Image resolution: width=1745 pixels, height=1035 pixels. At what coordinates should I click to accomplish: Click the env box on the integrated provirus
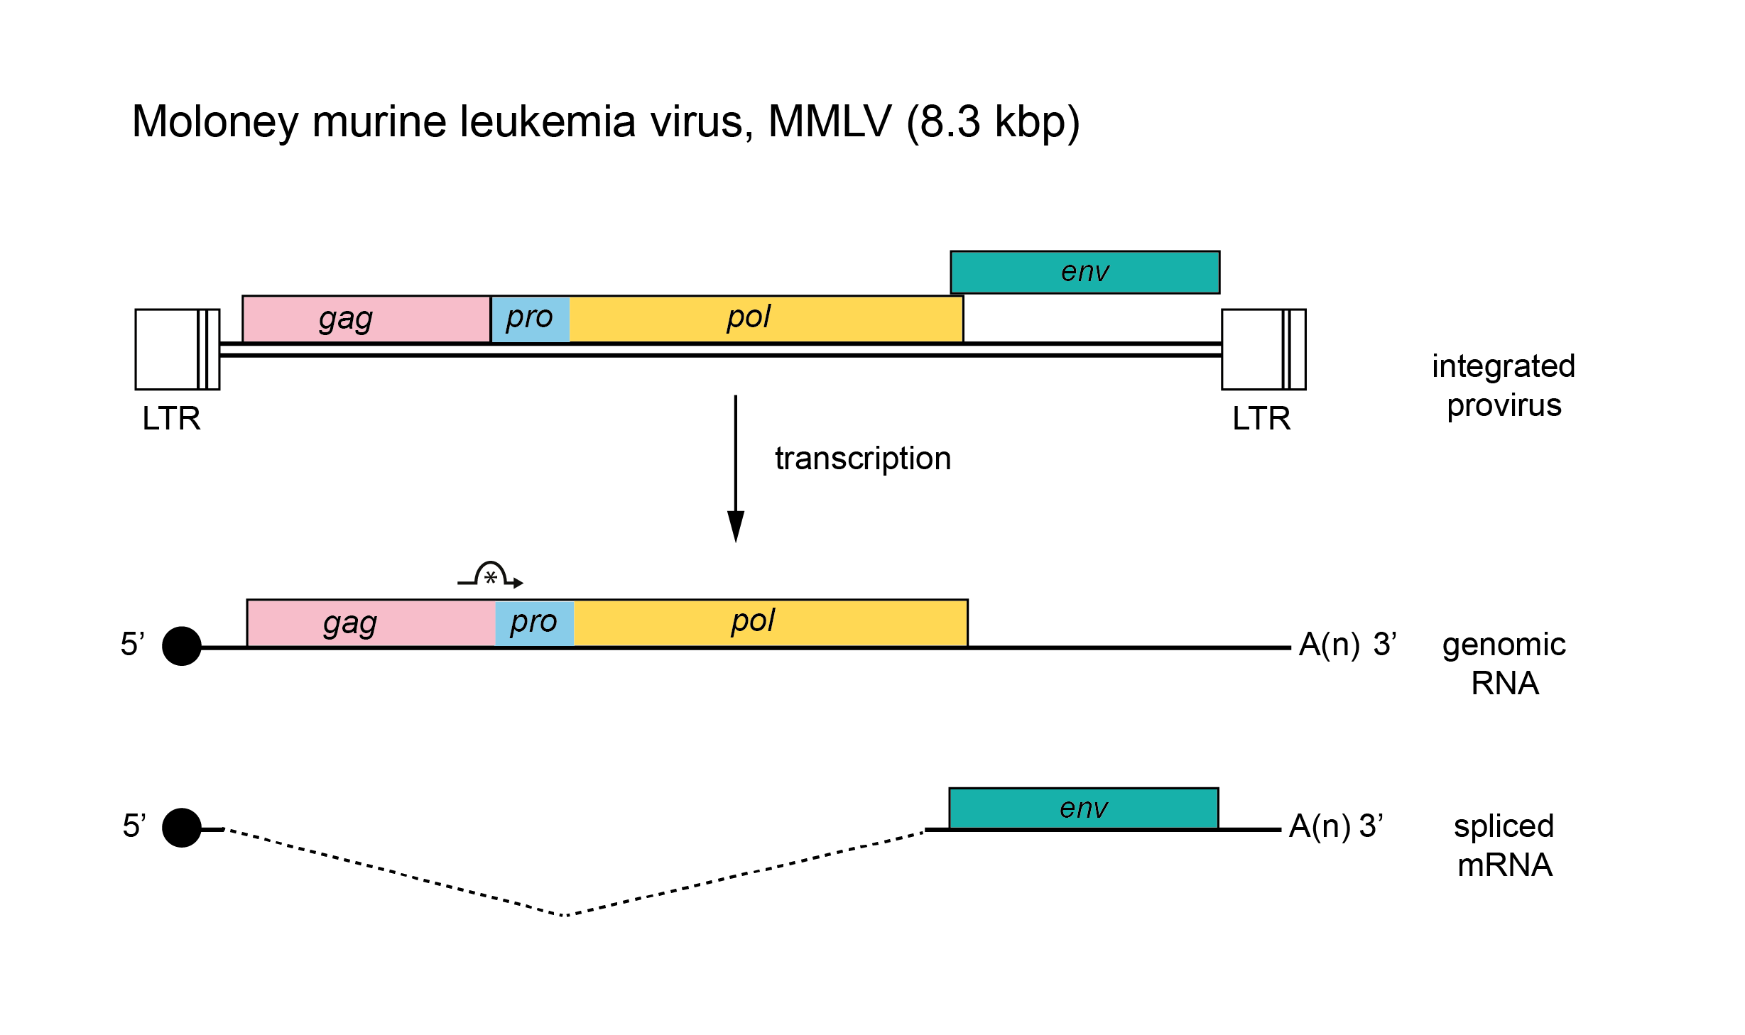coord(1084,272)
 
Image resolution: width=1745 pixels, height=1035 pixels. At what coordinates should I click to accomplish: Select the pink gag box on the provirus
coord(366,319)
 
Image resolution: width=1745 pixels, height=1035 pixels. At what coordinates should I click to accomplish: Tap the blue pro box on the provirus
coord(530,319)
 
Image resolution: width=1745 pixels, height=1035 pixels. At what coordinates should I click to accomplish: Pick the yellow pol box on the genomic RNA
coord(770,623)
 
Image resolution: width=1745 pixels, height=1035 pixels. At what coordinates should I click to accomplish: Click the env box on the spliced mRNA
coord(1083,808)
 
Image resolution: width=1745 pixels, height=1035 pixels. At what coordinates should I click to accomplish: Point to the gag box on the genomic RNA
coord(370,623)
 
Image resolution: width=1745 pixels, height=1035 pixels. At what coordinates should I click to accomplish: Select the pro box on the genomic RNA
coord(534,623)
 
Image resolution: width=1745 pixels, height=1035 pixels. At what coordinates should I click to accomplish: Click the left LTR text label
coord(171,419)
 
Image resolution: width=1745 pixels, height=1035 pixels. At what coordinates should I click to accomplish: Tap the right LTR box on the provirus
coord(1263,349)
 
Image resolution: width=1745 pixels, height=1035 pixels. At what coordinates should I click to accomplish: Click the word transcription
coord(862,459)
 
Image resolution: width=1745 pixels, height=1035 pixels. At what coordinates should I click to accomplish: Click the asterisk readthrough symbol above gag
coord(491,577)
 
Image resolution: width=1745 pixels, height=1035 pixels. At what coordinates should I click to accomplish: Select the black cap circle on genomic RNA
coord(182,646)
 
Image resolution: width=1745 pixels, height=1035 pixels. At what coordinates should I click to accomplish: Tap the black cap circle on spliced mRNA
coord(182,828)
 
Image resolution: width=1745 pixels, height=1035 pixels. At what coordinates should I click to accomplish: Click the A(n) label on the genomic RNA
coord(1329,645)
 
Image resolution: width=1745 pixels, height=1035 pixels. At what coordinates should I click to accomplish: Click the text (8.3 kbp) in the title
coord(993,122)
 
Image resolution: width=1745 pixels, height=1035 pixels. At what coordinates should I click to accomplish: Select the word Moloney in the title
coord(214,122)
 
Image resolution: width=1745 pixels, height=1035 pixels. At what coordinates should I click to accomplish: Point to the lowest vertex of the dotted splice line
coord(565,916)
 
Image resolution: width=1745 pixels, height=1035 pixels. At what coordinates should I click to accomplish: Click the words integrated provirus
coord(1504,385)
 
